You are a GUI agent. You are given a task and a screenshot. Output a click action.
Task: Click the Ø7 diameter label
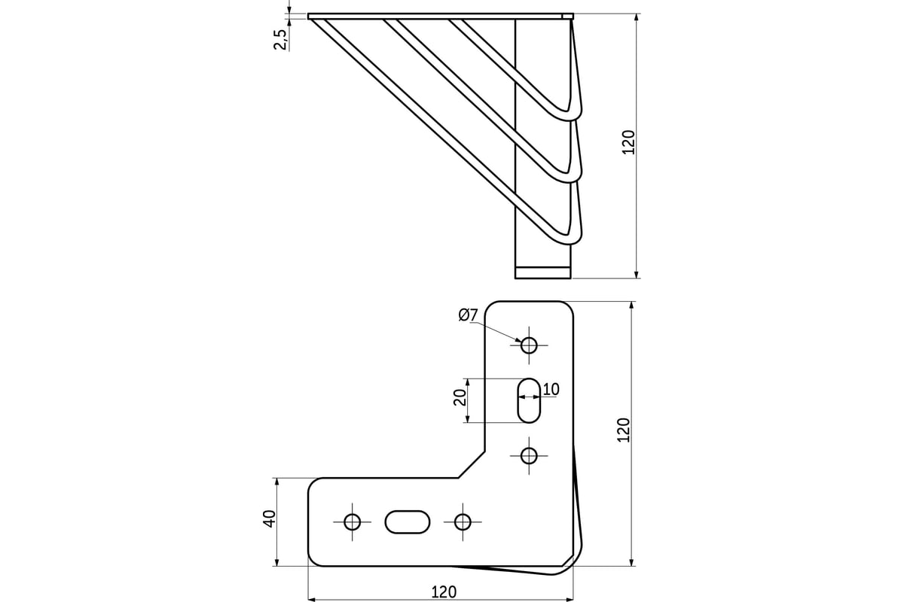pos(468,315)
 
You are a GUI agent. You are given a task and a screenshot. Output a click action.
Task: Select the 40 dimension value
pos(269,519)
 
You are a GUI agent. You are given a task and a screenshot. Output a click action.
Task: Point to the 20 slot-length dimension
pos(460,397)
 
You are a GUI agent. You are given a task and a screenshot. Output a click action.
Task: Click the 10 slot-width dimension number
pos(551,390)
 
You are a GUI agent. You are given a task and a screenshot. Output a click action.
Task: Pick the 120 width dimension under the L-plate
pos(444,592)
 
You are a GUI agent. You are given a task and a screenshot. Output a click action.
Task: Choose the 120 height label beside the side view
pos(628,142)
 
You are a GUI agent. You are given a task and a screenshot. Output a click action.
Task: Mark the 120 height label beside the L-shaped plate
pos(624,430)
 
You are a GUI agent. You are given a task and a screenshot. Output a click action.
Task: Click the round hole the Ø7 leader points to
pos(529,345)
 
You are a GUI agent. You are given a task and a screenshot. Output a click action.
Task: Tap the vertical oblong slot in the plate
pos(529,400)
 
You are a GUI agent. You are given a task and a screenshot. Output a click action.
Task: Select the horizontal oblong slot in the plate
pos(408,522)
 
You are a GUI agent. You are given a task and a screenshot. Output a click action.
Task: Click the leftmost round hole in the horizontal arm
pos(352,522)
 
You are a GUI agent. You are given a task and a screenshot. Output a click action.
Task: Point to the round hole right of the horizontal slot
pos(463,522)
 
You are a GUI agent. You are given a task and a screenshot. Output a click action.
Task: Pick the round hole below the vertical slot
pos(529,456)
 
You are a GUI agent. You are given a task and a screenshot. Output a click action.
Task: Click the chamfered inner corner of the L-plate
pos(472,464)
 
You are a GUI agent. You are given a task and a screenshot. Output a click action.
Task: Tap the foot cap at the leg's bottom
pos(543,272)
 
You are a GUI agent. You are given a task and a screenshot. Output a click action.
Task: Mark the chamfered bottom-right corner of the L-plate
pos(568,561)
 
